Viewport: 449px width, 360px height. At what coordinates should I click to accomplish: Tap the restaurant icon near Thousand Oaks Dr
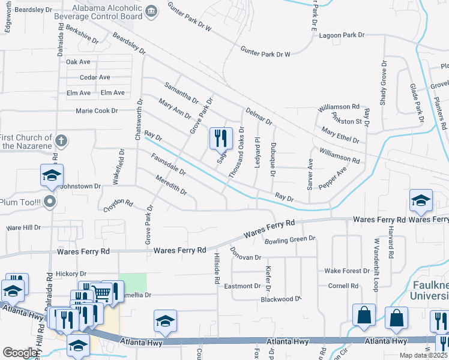(220, 139)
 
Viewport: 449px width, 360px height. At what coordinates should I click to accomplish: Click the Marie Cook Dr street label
(97, 110)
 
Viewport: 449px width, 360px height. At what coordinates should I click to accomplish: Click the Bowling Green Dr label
(290, 239)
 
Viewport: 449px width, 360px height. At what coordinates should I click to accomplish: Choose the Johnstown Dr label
(80, 187)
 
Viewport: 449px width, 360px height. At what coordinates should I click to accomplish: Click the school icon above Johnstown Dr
(52, 175)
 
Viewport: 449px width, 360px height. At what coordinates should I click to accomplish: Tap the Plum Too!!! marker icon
(50, 202)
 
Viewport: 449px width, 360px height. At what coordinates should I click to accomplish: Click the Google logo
(20, 353)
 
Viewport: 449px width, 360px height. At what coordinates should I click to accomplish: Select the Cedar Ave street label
(95, 77)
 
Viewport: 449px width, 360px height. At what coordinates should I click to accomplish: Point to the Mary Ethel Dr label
(340, 136)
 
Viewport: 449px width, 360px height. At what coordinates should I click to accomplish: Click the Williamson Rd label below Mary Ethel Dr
(339, 156)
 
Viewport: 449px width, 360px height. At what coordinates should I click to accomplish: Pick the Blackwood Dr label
(280, 299)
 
